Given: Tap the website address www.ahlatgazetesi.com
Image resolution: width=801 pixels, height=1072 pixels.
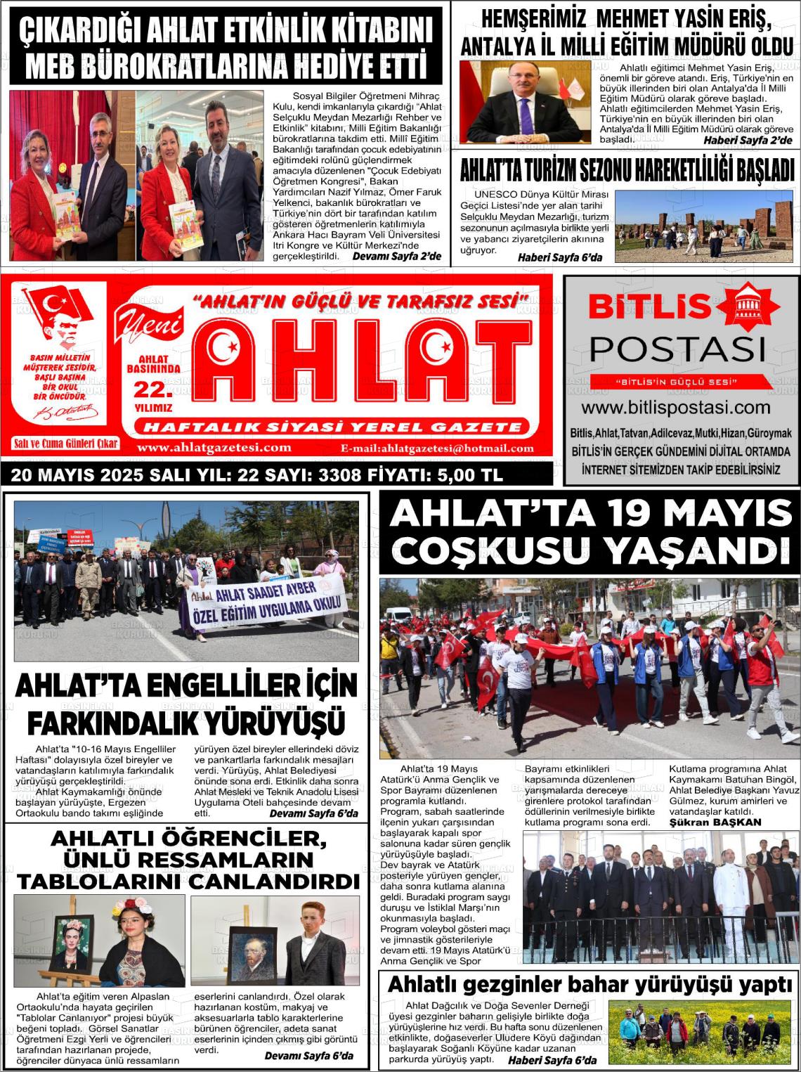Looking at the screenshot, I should click(214, 448).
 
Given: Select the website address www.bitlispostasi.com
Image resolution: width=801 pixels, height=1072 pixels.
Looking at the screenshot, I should click(675, 408).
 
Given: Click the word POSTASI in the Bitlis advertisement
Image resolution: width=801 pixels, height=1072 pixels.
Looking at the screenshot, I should click(677, 348).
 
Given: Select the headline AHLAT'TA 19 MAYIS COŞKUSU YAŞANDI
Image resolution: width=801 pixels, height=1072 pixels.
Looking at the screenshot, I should click(590, 532).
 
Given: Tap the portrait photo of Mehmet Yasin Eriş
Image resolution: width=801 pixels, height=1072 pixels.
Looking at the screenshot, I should click(524, 102).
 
